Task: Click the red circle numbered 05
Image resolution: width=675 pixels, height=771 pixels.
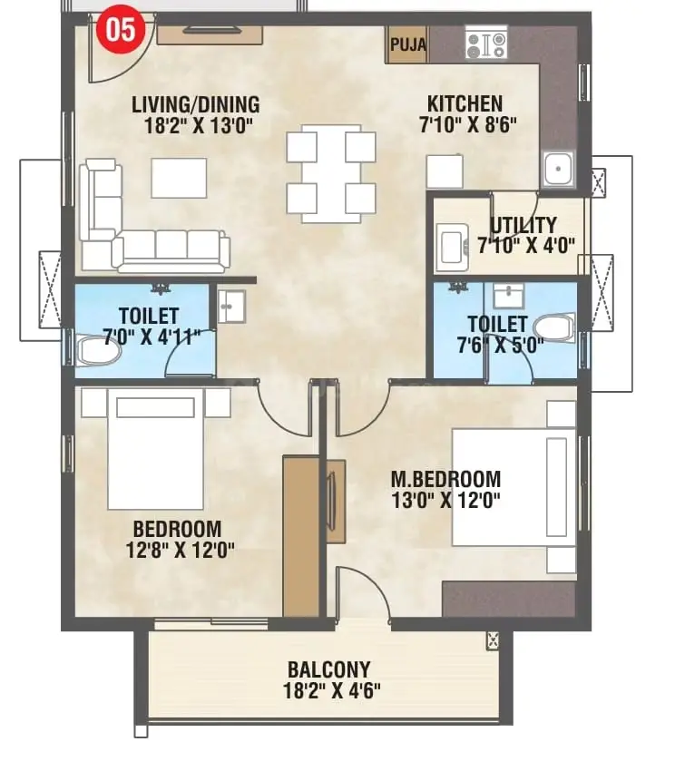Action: click(x=121, y=30)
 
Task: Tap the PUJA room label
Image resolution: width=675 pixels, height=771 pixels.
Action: click(x=408, y=44)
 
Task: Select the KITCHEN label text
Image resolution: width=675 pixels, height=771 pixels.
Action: click(x=465, y=103)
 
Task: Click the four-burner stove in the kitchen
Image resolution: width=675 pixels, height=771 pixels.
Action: click(x=485, y=45)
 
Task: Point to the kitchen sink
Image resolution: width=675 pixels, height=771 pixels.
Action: click(x=558, y=169)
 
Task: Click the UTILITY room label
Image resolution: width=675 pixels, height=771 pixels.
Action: click(x=523, y=225)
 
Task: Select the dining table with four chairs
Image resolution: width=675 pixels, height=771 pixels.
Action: click(x=331, y=173)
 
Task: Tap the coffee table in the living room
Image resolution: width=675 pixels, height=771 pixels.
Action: click(x=179, y=178)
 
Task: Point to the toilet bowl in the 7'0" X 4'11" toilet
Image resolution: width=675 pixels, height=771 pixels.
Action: click(x=98, y=350)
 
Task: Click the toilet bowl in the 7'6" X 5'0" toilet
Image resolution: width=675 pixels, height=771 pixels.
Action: click(x=554, y=327)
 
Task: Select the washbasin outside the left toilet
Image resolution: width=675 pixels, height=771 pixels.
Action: click(x=231, y=307)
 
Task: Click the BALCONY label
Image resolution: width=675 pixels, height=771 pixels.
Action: click(x=328, y=669)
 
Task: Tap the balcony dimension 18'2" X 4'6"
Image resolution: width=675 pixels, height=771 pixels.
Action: click(x=331, y=691)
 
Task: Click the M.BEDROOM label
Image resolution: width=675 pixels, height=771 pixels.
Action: click(x=445, y=479)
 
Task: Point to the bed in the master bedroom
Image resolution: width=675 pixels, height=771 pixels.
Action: click(x=514, y=487)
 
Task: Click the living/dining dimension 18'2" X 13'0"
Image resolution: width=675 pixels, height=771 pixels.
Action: click(x=199, y=126)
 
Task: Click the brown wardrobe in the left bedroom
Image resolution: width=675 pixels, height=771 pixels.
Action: click(x=301, y=535)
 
